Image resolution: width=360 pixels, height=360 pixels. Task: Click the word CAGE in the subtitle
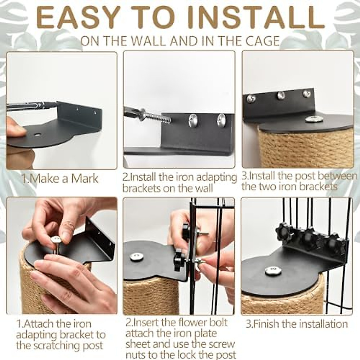pyautogui.click(x=262, y=41)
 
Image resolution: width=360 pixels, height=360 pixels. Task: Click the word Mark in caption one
pyautogui.click(x=85, y=178)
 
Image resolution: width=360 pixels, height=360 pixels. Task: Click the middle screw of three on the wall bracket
pyautogui.click(x=281, y=95)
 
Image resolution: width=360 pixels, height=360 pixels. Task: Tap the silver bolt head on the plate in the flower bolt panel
pyautogui.click(x=136, y=257)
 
